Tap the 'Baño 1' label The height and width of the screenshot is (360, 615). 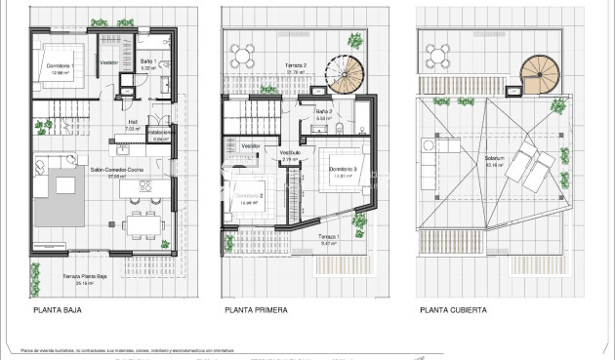(147, 62)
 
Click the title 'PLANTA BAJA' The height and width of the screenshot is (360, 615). (56, 311)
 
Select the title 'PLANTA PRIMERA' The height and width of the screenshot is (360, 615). (255, 311)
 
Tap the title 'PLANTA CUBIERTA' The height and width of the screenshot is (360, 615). (453, 311)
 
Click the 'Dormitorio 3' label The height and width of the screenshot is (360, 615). (343, 171)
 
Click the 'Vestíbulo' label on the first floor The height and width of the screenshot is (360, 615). (290, 154)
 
